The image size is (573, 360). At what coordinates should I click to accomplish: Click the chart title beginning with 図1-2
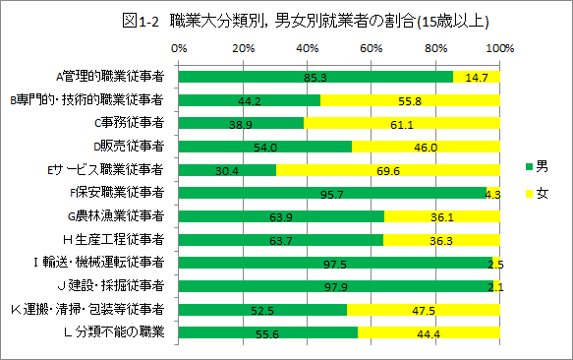click(x=286, y=19)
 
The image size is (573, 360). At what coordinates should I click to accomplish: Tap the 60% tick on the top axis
click(x=371, y=46)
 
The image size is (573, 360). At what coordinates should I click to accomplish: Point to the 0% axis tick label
click(x=178, y=46)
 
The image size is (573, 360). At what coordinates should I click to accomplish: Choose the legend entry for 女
click(x=537, y=194)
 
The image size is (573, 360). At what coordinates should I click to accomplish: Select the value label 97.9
click(x=334, y=286)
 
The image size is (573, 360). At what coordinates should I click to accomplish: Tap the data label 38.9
click(x=241, y=123)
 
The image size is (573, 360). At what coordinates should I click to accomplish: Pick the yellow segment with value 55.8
click(x=410, y=99)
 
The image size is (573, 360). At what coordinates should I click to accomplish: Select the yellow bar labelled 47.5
click(x=424, y=310)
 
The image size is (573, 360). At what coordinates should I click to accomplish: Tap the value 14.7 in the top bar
click(x=477, y=76)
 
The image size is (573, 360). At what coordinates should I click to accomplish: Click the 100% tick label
click(x=499, y=46)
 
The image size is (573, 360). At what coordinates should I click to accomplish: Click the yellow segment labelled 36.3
click(x=441, y=240)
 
